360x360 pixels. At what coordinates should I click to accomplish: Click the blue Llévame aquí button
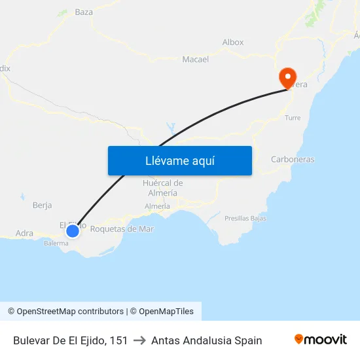tap(180, 161)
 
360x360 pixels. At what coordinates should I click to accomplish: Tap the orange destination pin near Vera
tap(287, 78)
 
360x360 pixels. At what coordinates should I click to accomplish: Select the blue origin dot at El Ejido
tap(73, 230)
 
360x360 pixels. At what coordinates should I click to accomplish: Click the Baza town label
tap(84, 12)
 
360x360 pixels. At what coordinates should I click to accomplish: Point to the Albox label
tap(233, 43)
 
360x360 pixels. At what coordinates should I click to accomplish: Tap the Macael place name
tap(195, 60)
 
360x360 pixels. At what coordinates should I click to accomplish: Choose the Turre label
tap(293, 118)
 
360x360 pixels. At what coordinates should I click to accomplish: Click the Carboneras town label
tap(293, 159)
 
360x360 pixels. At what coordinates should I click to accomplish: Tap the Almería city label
tap(157, 206)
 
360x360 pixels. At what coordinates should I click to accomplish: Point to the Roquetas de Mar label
tap(122, 229)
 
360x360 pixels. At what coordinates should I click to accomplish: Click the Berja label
tap(42, 206)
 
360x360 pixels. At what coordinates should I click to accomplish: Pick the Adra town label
tap(24, 233)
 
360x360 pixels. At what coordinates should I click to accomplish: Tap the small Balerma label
tap(56, 243)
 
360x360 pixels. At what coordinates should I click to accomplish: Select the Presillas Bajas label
tap(245, 219)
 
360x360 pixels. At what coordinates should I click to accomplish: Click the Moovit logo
tap(320, 340)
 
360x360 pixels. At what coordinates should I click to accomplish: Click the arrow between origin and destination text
tap(139, 340)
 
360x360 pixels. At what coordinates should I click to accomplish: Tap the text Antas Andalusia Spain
tap(206, 340)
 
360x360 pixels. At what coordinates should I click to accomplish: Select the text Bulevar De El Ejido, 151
tap(70, 340)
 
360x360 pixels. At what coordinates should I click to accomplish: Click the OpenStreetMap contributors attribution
tap(65, 312)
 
